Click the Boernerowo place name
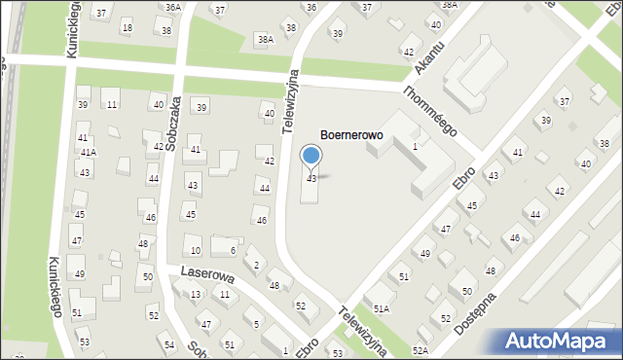tap(351, 137)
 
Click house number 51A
tap(381, 307)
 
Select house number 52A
tap(420, 349)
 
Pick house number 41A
tap(89, 153)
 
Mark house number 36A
tap(172, 7)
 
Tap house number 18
tap(127, 27)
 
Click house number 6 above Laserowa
tap(233, 250)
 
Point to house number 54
tap(169, 345)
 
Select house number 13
tap(196, 294)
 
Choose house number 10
tap(196, 251)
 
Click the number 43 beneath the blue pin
tap(311, 179)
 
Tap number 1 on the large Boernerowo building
tap(415, 146)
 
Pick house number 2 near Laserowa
tap(256, 265)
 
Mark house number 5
tap(256, 323)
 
